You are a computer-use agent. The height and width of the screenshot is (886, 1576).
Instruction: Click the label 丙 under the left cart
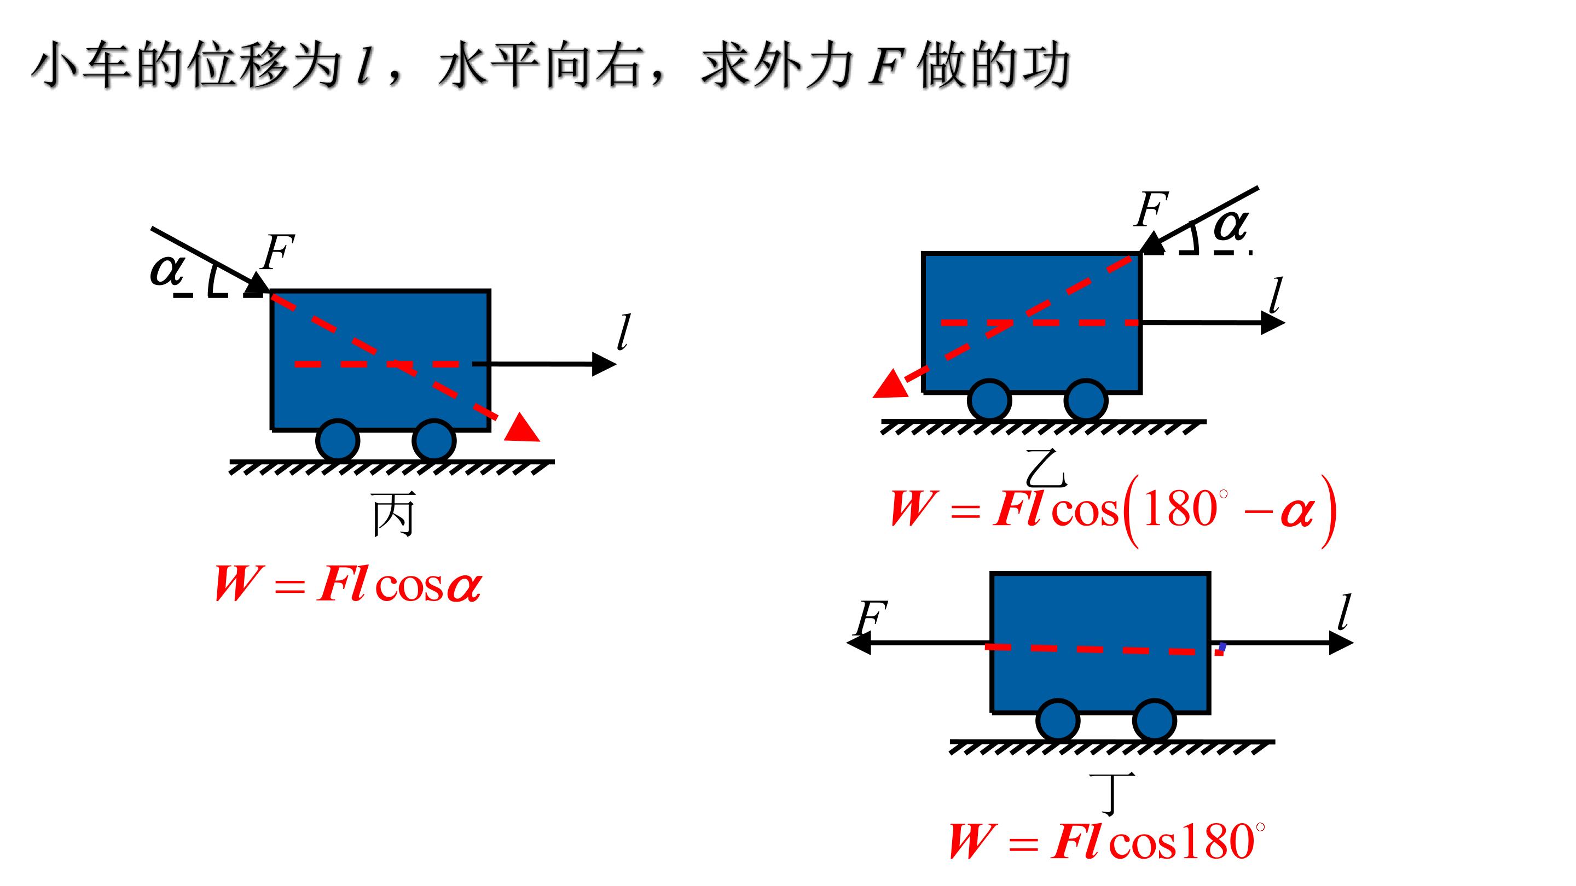[x=393, y=515]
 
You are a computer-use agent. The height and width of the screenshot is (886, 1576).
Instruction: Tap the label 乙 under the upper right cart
[x=1047, y=468]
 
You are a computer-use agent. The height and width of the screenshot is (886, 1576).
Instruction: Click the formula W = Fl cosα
[x=348, y=584]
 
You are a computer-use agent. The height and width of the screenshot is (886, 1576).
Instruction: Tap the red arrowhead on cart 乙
[x=891, y=385]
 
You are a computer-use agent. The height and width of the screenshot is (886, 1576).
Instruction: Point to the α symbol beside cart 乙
[x=1230, y=224]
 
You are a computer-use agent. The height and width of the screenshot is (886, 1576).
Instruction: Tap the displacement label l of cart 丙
[x=623, y=333]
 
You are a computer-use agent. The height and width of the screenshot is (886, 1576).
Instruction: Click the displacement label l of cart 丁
[x=1343, y=612]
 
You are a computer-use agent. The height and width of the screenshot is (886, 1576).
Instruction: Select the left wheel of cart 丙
[x=338, y=440]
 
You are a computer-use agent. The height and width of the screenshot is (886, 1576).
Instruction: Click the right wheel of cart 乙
[x=1086, y=400]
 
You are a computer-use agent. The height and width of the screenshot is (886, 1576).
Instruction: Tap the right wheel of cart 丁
[x=1155, y=720]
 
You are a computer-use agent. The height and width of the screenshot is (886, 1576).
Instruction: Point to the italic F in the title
[x=886, y=67]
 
